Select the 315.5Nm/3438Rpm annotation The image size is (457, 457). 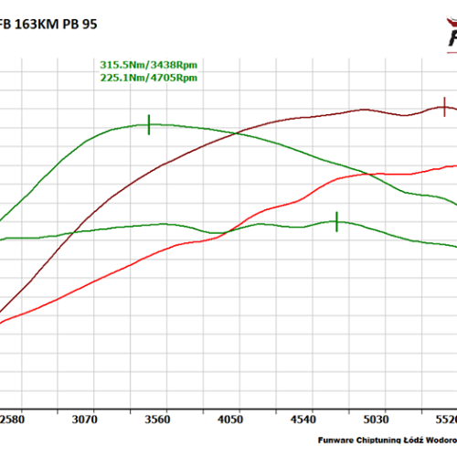click(x=148, y=65)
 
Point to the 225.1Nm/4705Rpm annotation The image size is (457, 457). click(x=148, y=78)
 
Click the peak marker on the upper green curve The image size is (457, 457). click(x=148, y=124)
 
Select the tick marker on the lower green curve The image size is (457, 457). click(x=336, y=221)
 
